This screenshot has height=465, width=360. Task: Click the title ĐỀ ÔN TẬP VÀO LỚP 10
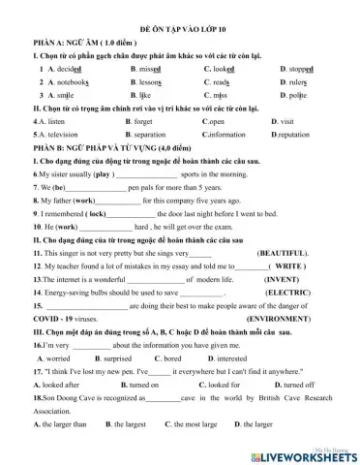tap(180, 32)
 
